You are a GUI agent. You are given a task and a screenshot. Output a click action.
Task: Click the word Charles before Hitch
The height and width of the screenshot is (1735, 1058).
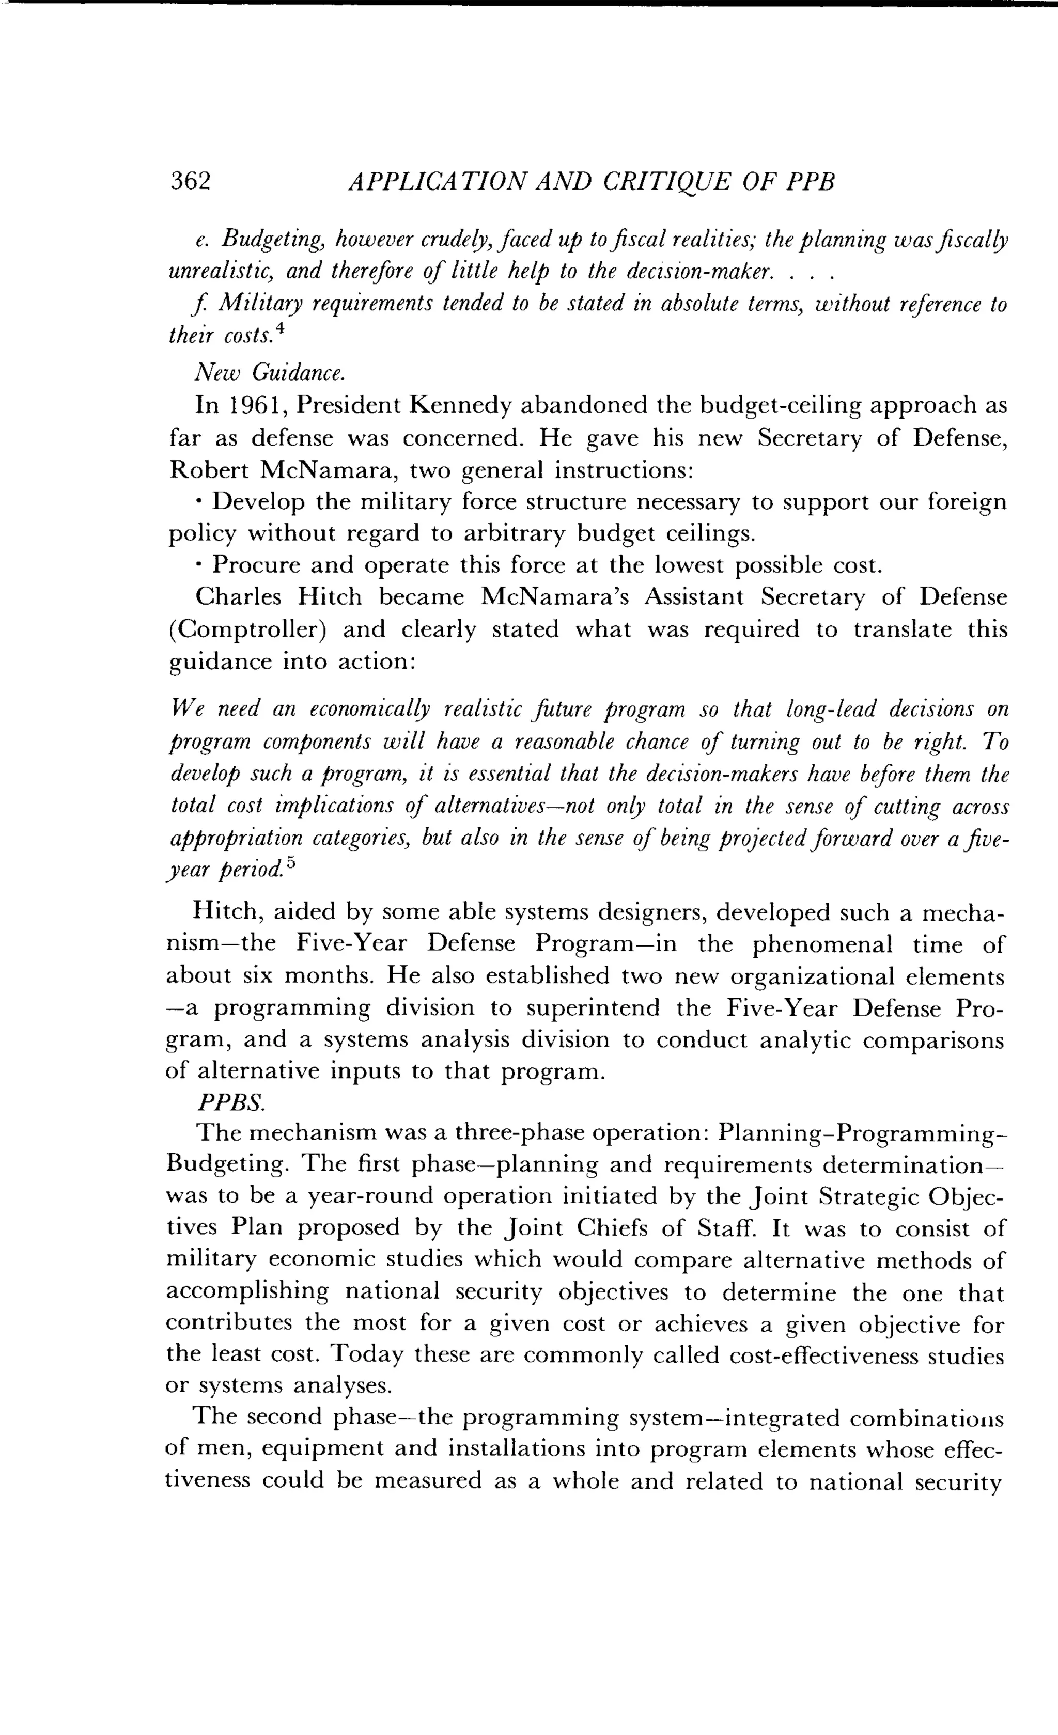tap(238, 597)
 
